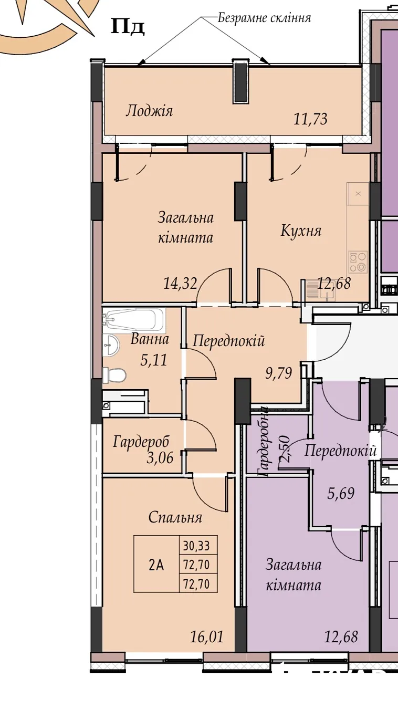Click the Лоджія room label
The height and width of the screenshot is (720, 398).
coord(149,111)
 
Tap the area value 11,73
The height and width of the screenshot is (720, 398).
coord(310,119)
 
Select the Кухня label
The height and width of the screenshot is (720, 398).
coord(301,231)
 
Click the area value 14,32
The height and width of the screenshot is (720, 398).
coord(180,284)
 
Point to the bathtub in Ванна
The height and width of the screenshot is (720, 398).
coord(134,320)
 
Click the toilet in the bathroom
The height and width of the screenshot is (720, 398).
coord(114,375)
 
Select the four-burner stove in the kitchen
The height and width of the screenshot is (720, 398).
coord(358,262)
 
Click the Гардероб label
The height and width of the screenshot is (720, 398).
coord(141,442)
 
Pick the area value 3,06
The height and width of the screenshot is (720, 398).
coord(160,458)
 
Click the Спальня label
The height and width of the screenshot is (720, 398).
coord(175,517)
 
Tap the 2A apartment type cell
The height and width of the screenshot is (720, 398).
coord(156,565)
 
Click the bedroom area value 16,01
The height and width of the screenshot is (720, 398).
coord(207,636)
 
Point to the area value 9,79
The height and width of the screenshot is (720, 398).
coord(278,373)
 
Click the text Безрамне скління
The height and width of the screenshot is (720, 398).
coord(265,18)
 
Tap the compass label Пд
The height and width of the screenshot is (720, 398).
coord(128,26)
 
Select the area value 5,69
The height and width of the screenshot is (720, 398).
coord(341,493)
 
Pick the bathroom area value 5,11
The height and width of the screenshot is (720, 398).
coord(154,360)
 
